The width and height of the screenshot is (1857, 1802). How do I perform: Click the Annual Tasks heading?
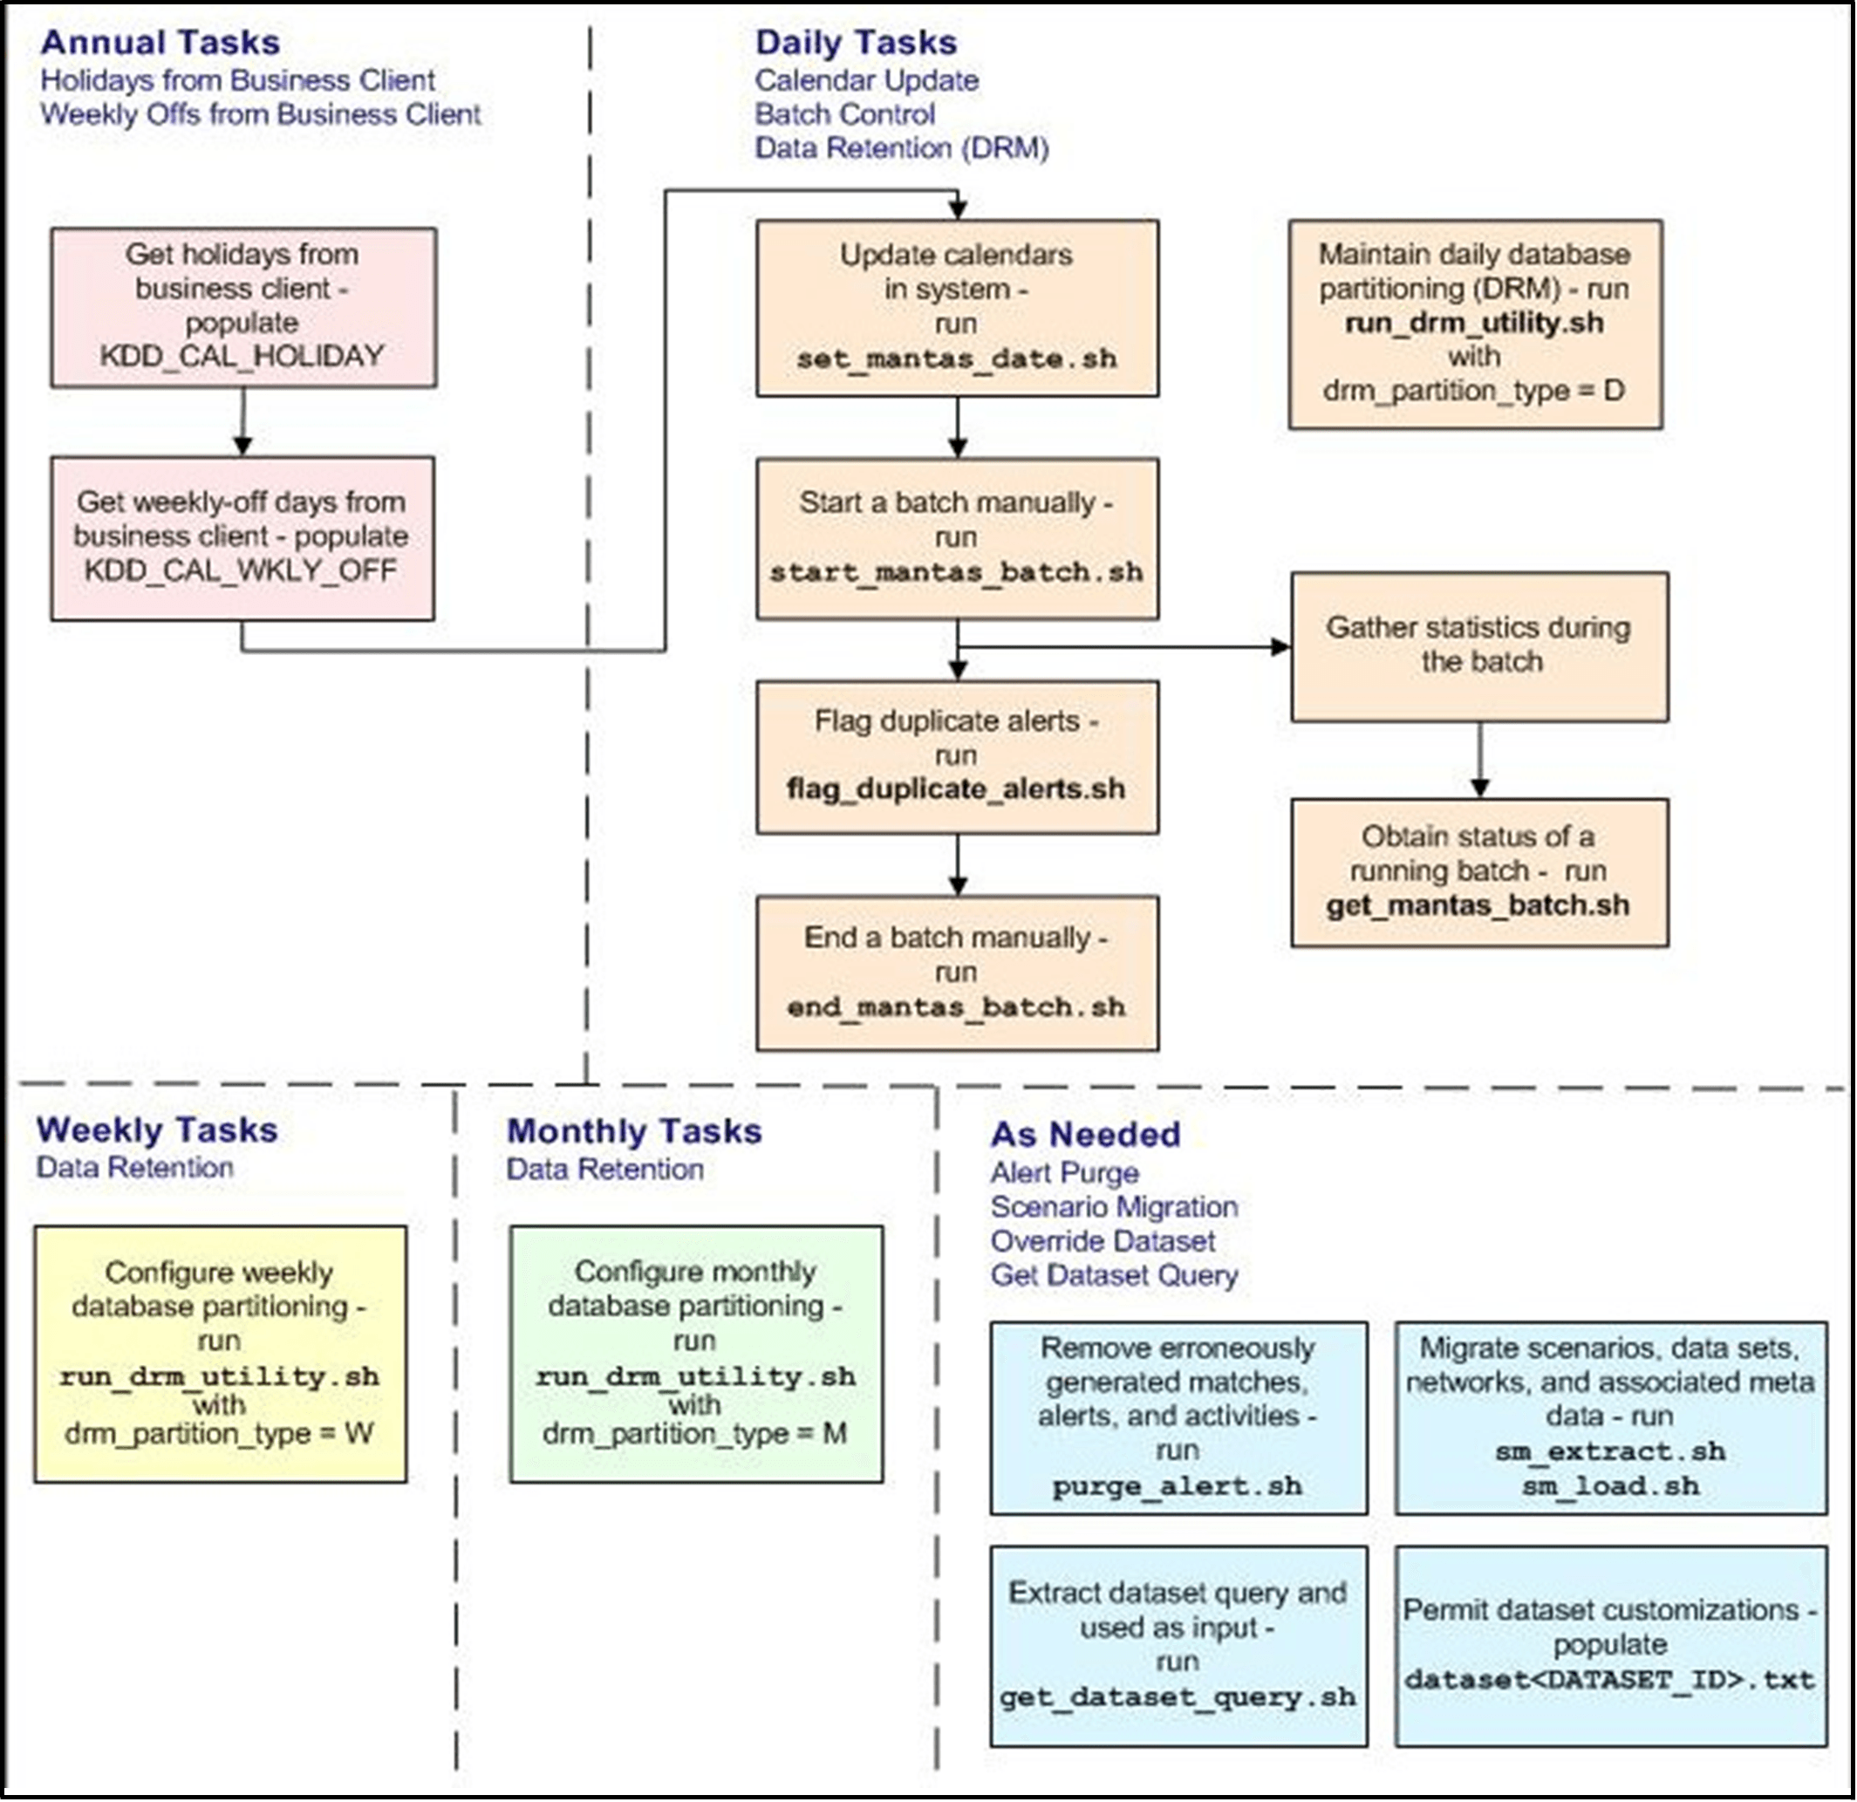pyautogui.click(x=160, y=43)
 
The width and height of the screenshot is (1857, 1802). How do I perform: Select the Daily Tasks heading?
pyautogui.click(x=856, y=43)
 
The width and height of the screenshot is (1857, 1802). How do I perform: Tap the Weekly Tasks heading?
pyautogui.click(x=157, y=1130)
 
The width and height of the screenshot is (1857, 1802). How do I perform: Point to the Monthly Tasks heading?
pyautogui.click(x=634, y=1131)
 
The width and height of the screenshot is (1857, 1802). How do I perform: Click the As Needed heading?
pyautogui.click(x=1085, y=1134)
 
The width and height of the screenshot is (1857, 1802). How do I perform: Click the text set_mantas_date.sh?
pyautogui.click(x=956, y=359)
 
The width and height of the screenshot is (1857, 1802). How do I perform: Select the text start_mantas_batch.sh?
pyautogui.click(x=956, y=572)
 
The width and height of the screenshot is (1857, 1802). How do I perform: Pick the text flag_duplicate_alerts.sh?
pyautogui.click(x=956, y=788)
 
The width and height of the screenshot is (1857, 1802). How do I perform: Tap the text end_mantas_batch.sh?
pyautogui.click(x=956, y=1007)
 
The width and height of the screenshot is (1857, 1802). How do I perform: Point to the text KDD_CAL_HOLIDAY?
pyautogui.click(x=242, y=355)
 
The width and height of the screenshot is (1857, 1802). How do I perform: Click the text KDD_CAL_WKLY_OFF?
pyautogui.click(x=241, y=570)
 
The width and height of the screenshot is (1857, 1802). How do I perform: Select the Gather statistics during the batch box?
pyautogui.click(x=1479, y=645)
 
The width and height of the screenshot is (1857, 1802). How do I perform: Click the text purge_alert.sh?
pyautogui.click(x=1177, y=1485)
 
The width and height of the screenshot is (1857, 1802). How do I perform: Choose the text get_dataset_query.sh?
pyautogui.click(x=1177, y=1696)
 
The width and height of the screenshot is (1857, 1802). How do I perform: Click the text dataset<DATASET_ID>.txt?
pyautogui.click(x=1609, y=1680)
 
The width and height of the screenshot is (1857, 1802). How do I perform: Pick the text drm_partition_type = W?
pyautogui.click(x=219, y=1433)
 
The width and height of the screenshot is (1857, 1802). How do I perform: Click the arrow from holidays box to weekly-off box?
pyautogui.click(x=242, y=421)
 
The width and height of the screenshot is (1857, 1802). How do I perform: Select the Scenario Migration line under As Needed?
pyautogui.click(x=1114, y=1207)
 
